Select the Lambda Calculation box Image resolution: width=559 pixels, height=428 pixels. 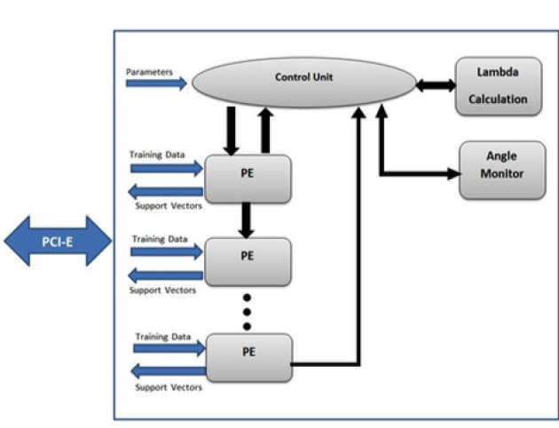tap(500, 86)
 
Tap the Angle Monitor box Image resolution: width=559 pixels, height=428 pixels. tap(501, 170)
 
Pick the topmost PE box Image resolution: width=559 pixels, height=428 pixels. tap(248, 178)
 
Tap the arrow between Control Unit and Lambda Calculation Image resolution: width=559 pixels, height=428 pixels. tap(436, 84)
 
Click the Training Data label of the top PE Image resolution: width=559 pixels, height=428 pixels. tap(158, 155)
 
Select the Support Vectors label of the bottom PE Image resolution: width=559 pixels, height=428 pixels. tap(169, 387)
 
